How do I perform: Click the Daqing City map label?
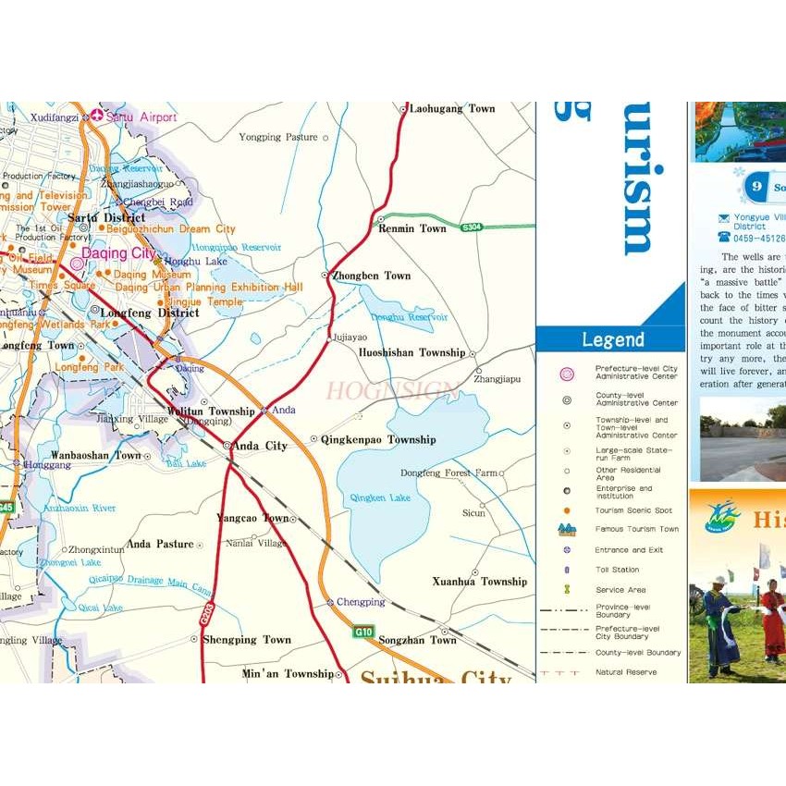[119, 252]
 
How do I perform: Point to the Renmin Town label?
[412, 228]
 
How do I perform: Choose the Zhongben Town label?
[372, 276]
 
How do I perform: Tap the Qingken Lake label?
[380, 497]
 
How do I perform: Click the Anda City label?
[259, 446]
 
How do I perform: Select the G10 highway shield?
[363, 632]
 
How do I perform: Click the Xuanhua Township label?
[479, 582]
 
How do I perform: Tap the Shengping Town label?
[247, 640]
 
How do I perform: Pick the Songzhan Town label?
[418, 640]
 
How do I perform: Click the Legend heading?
[612, 339]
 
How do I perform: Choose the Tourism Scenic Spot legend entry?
[633, 510]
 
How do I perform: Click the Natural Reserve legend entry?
[626, 672]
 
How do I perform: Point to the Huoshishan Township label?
[411, 352]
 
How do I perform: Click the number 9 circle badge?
[756, 186]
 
